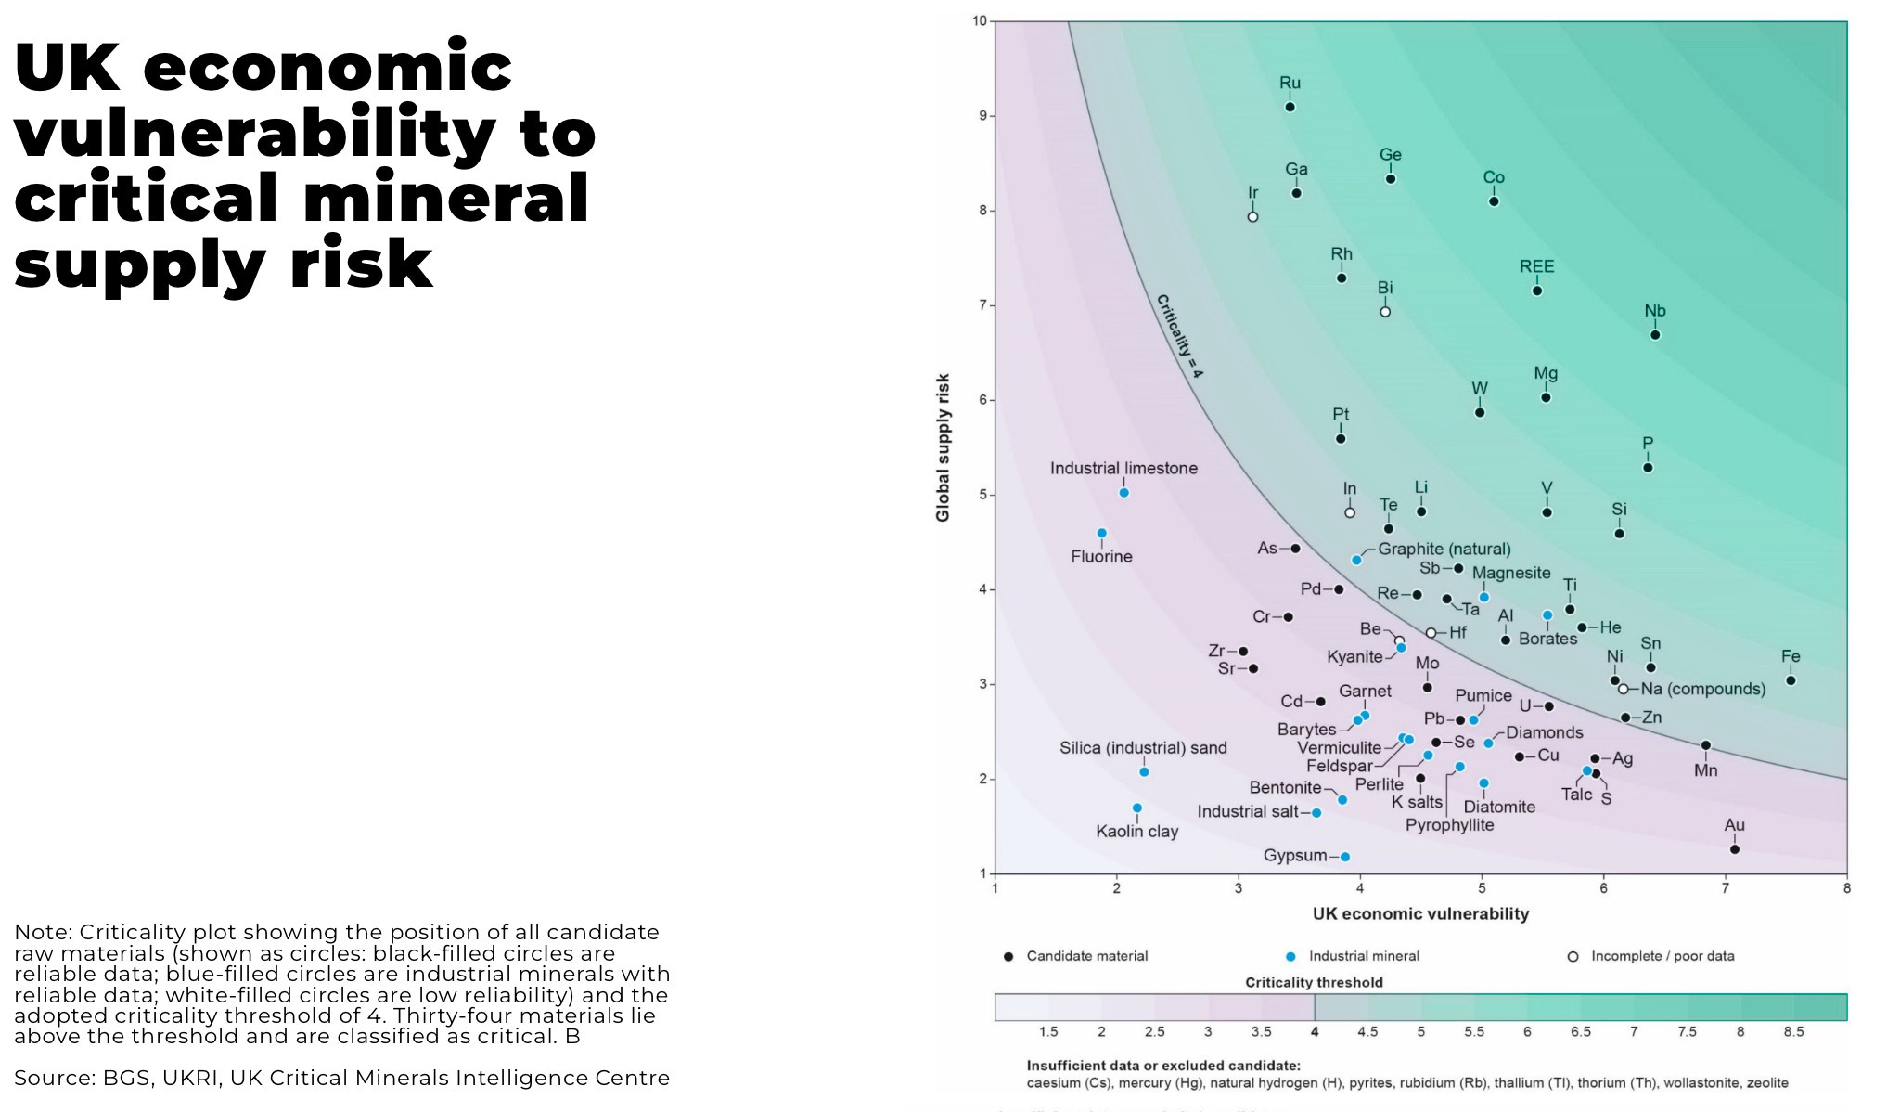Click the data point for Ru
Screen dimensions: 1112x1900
coord(1290,108)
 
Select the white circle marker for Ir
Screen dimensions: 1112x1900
coord(1252,217)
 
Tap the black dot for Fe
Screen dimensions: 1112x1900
coord(1791,680)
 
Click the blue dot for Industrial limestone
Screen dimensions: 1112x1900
coord(1123,493)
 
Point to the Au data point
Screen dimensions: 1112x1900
coord(1735,849)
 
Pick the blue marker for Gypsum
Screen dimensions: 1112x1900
coord(1345,857)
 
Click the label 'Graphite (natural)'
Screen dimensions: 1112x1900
coord(1444,549)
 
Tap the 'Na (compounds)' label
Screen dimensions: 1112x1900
coord(1702,689)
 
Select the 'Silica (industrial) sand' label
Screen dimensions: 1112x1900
coord(1143,748)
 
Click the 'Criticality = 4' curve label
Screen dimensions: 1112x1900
coord(1179,336)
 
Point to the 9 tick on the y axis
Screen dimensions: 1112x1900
coord(982,116)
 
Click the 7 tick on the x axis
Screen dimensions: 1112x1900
coord(1726,888)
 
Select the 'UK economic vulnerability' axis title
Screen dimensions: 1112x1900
coord(1420,914)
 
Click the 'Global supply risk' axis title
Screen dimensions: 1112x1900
coord(944,447)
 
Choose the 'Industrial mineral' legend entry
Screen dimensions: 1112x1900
coord(1363,956)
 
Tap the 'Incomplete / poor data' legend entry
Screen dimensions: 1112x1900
coord(1662,956)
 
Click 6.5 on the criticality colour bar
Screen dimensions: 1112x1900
coord(1580,1032)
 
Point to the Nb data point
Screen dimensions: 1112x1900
coord(1655,335)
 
